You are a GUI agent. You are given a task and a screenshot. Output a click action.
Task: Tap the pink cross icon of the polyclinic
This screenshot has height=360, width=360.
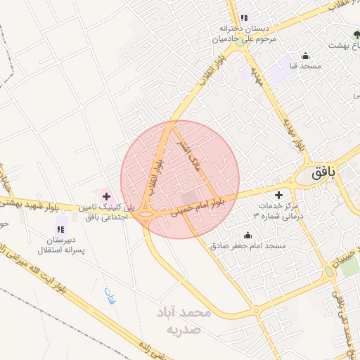click(x=106, y=196)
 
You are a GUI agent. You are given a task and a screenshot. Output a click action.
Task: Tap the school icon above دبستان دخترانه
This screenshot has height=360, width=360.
click(x=243, y=18)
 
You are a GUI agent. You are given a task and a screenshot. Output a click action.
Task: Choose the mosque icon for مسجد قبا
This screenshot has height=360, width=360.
click(x=305, y=56)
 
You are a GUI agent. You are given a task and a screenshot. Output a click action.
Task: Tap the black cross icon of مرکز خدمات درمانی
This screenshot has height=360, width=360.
click(x=279, y=194)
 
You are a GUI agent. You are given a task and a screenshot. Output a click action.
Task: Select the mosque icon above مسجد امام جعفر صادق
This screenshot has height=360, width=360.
click(x=247, y=236)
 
